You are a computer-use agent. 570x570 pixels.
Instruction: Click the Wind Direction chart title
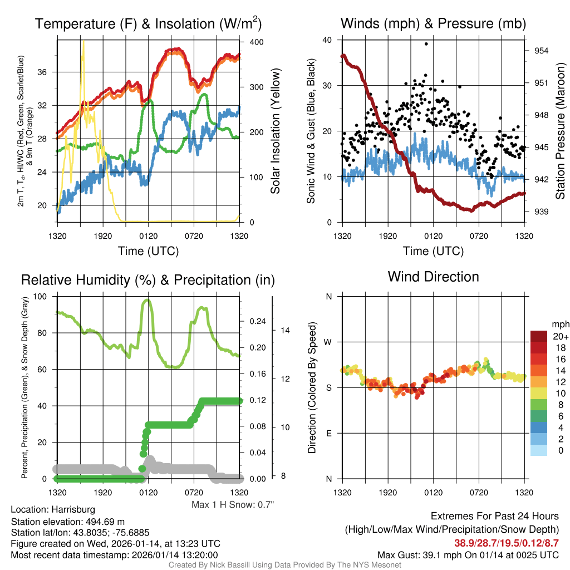433,277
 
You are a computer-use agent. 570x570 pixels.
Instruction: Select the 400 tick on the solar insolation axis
249,42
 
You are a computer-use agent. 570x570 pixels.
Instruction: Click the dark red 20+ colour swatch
539,336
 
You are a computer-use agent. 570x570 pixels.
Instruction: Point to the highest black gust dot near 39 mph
426,43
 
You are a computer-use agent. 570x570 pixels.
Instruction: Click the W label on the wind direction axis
328,342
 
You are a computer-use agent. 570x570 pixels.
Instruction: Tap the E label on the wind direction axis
328,433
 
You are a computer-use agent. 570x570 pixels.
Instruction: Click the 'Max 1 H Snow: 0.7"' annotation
233,505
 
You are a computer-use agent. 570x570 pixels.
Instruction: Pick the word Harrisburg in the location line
73,509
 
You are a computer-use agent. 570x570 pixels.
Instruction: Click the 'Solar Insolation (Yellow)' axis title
276,131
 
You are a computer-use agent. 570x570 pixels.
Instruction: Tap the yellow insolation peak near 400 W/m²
83,42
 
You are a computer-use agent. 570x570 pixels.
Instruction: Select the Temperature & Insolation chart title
148,24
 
